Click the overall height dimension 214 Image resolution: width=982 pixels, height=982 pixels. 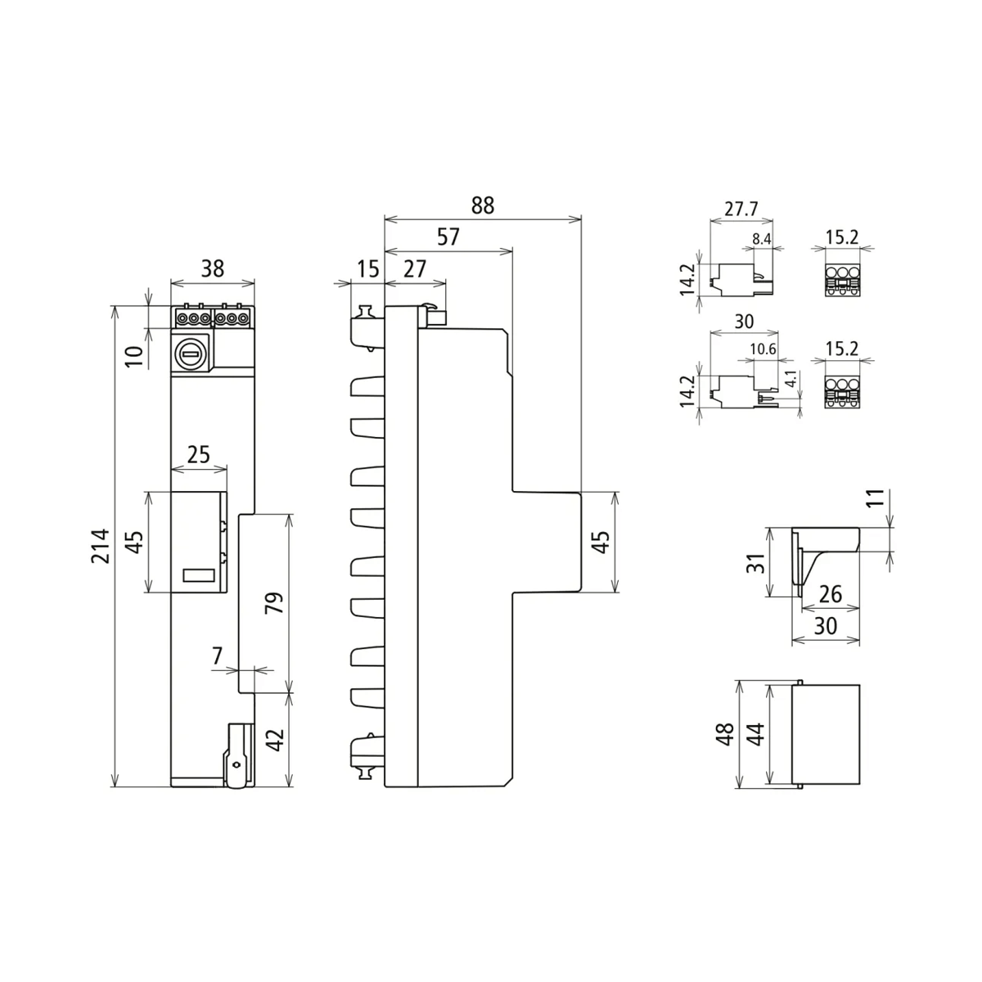click(100, 546)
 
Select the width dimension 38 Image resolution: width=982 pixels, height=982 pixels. click(212, 268)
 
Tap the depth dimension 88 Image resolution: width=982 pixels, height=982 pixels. click(483, 205)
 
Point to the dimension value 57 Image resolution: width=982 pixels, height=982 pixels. click(448, 236)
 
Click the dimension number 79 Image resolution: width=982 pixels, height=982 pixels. click(275, 602)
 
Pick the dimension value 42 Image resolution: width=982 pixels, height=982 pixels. click(277, 740)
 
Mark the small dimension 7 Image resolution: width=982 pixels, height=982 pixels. click(217, 655)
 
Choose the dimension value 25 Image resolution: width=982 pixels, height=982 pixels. click(199, 454)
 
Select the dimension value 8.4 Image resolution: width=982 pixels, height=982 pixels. click(761, 239)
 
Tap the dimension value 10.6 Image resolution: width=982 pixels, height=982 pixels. click(762, 350)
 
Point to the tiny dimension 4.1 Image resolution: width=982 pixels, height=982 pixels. click(790, 380)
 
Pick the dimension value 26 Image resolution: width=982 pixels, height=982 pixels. click(830, 593)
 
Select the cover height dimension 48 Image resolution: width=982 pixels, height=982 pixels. click(723, 733)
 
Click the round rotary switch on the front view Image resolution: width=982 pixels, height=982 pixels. click(190, 354)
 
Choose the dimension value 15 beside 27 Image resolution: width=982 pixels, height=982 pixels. click(367, 268)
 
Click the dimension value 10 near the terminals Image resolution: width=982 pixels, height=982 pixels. click(136, 354)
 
